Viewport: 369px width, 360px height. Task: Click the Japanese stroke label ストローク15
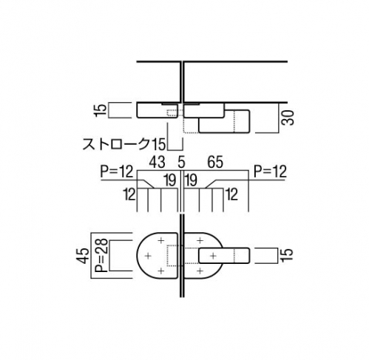point(124,143)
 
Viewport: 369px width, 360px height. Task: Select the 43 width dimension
point(157,162)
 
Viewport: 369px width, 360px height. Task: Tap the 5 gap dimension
point(181,162)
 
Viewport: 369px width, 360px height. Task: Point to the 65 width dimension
point(215,162)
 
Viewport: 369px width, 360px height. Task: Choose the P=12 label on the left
point(117,171)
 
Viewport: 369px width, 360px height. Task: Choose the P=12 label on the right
point(271,171)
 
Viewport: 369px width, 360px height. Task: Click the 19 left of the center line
point(170,180)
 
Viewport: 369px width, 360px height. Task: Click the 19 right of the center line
point(191,180)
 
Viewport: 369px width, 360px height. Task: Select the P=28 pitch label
point(101,255)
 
